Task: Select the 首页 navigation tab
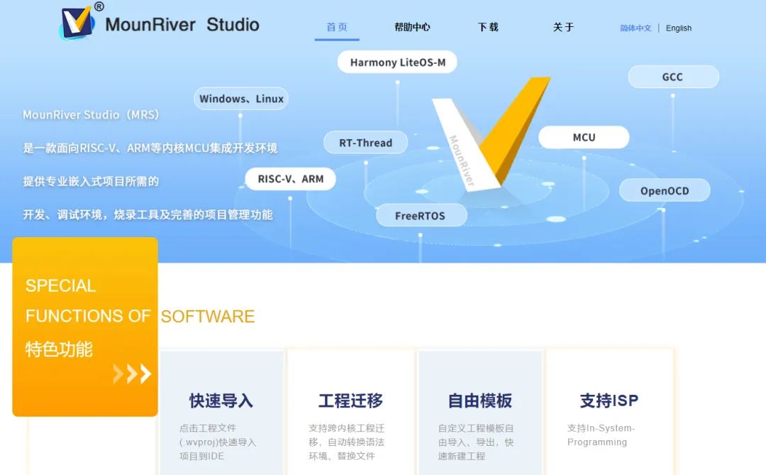[x=337, y=28]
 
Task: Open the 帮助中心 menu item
[x=412, y=28]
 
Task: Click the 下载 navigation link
[x=488, y=28]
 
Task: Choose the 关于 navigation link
[x=563, y=28]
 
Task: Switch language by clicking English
[x=679, y=28]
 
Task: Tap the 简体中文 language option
[x=635, y=28]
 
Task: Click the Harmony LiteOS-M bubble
[x=397, y=62]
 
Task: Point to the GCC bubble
[x=673, y=77]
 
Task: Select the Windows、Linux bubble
[x=241, y=99]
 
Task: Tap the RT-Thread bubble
[x=365, y=143]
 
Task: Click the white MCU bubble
[x=584, y=138]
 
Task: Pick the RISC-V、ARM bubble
[x=291, y=179]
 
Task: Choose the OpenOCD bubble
[x=665, y=191]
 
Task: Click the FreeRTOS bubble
[x=421, y=216]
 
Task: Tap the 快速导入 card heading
[x=221, y=400]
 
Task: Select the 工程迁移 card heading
[x=351, y=400]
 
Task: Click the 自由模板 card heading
[x=479, y=400]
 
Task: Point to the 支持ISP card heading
[x=609, y=400]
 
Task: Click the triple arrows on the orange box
[x=132, y=373]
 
